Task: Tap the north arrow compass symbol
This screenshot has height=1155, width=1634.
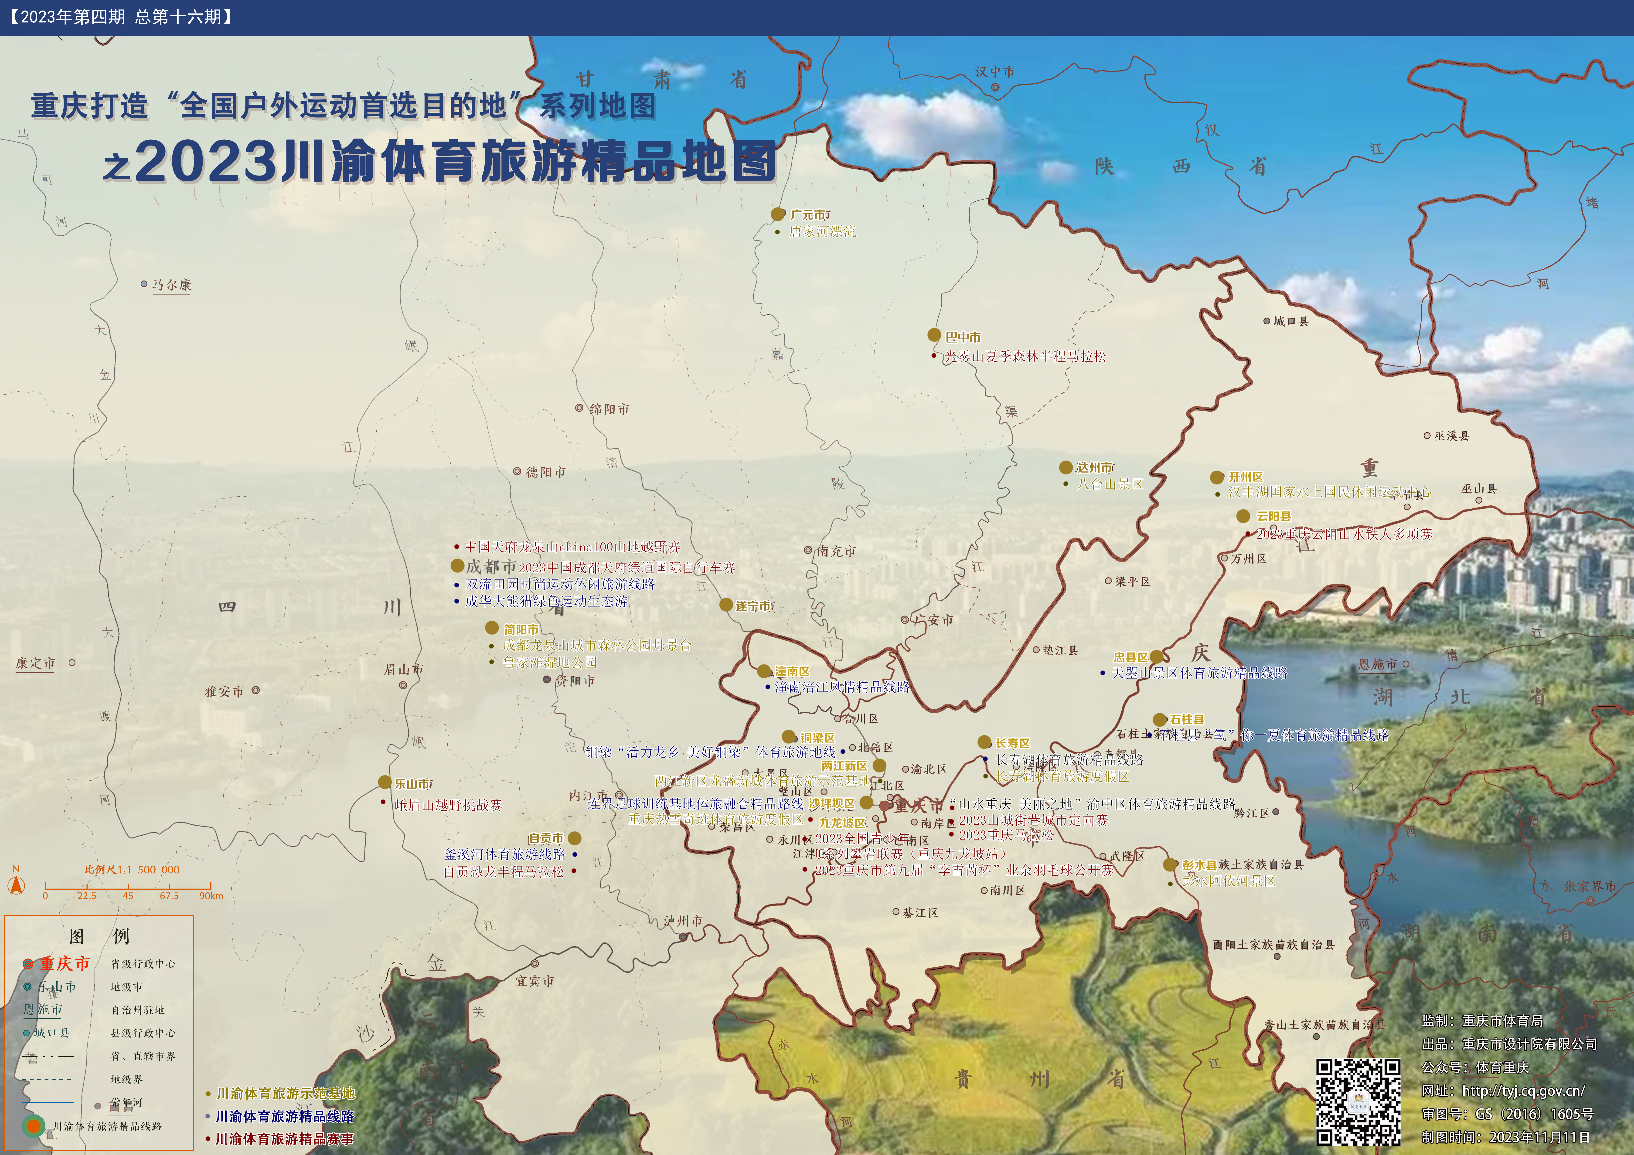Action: (16, 884)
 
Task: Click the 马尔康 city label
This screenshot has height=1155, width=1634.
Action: (171, 285)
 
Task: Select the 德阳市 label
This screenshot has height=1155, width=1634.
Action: (546, 472)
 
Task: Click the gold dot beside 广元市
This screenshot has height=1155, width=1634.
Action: (778, 214)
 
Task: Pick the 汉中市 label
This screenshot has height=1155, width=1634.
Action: (995, 72)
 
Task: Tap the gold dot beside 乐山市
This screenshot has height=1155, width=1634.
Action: (384, 782)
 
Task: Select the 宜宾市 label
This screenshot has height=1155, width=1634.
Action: (534, 981)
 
